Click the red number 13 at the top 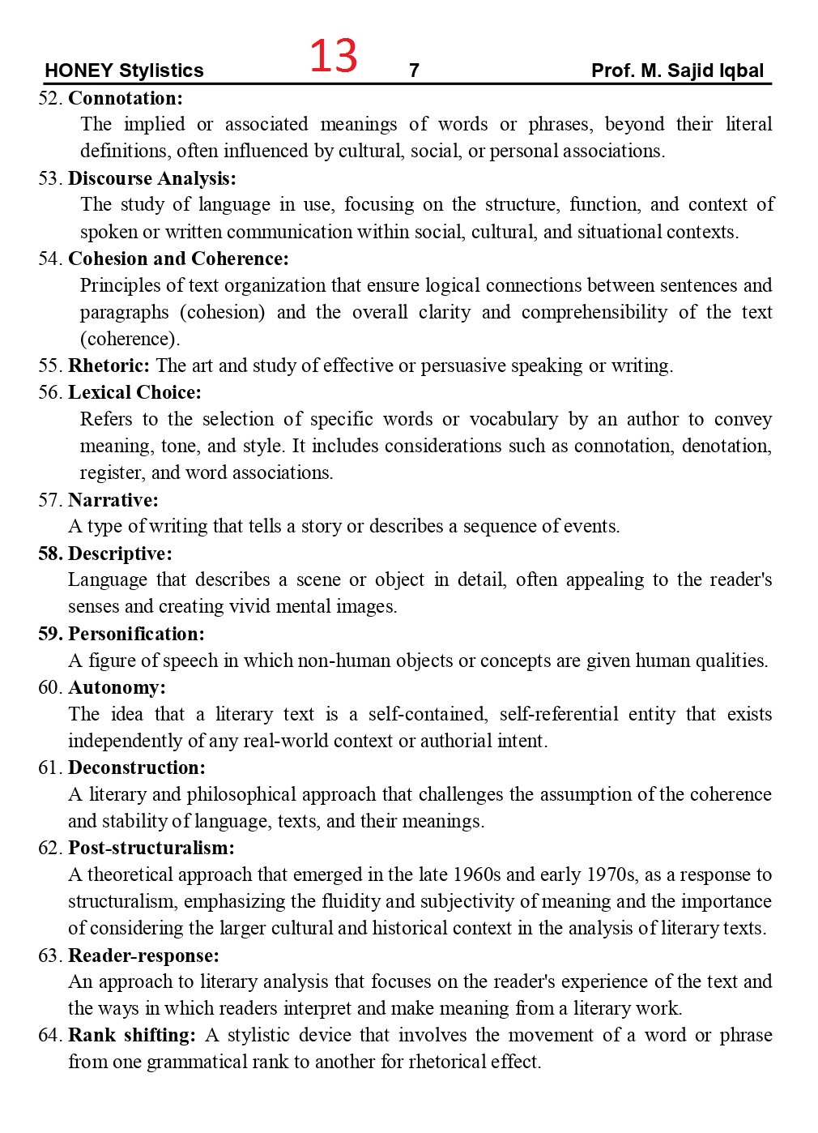click(x=333, y=56)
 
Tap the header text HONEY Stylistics click(x=124, y=71)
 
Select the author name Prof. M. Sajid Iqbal click(x=677, y=71)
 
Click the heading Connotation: click(x=126, y=98)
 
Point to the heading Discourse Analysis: click(x=152, y=178)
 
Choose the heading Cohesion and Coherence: click(x=178, y=259)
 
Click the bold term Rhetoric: click(x=109, y=366)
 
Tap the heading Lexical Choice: click(x=134, y=392)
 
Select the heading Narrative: click(x=113, y=499)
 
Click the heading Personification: click(x=136, y=634)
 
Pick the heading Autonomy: click(x=117, y=687)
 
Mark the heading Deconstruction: click(x=137, y=767)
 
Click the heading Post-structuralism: click(x=151, y=848)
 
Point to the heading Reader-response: click(x=143, y=956)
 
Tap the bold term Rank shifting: click(x=132, y=1035)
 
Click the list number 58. click(x=49, y=554)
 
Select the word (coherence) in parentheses click(x=130, y=339)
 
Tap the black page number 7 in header click(x=414, y=71)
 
